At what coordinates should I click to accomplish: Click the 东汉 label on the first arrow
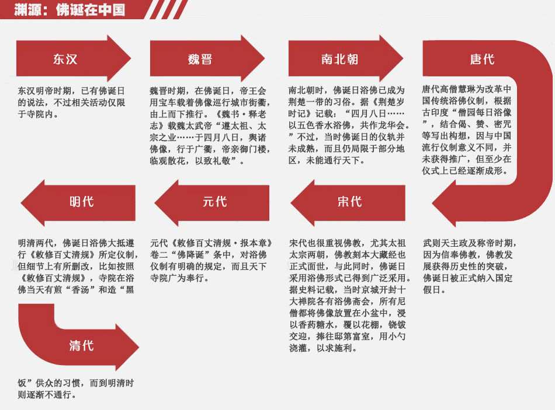click(65, 59)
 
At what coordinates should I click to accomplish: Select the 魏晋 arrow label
click(200, 59)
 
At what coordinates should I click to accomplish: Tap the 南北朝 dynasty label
click(340, 59)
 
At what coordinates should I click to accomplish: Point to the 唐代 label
click(482, 59)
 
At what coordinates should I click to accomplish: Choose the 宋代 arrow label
click(350, 202)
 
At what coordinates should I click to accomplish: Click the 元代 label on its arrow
click(215, 202)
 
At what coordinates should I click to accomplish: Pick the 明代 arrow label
click(82, 202)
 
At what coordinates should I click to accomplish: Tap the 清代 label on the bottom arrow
click(82, 345)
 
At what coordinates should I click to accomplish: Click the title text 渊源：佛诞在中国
click(70, 9)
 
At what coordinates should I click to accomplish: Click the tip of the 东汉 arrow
click(131, 58)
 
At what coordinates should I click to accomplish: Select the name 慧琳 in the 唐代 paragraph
click(466, 89)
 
